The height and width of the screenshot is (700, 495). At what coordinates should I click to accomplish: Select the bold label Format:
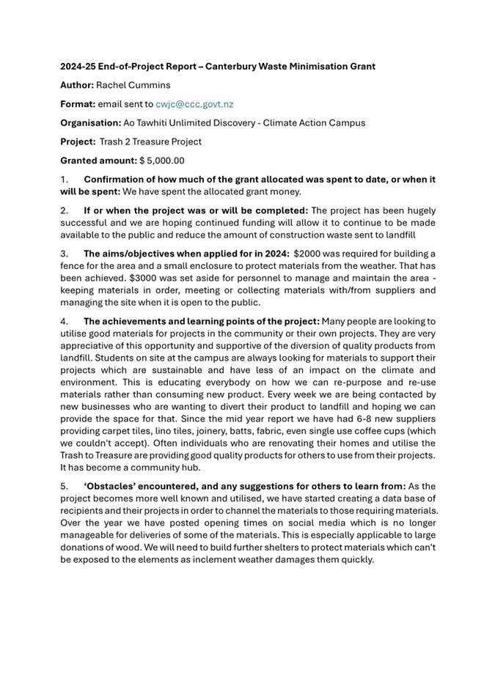[x=78, y=104]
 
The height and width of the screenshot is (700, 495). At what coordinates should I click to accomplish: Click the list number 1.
[x=64, y=179]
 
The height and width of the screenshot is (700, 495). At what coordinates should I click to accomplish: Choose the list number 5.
[x=64, y=486]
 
